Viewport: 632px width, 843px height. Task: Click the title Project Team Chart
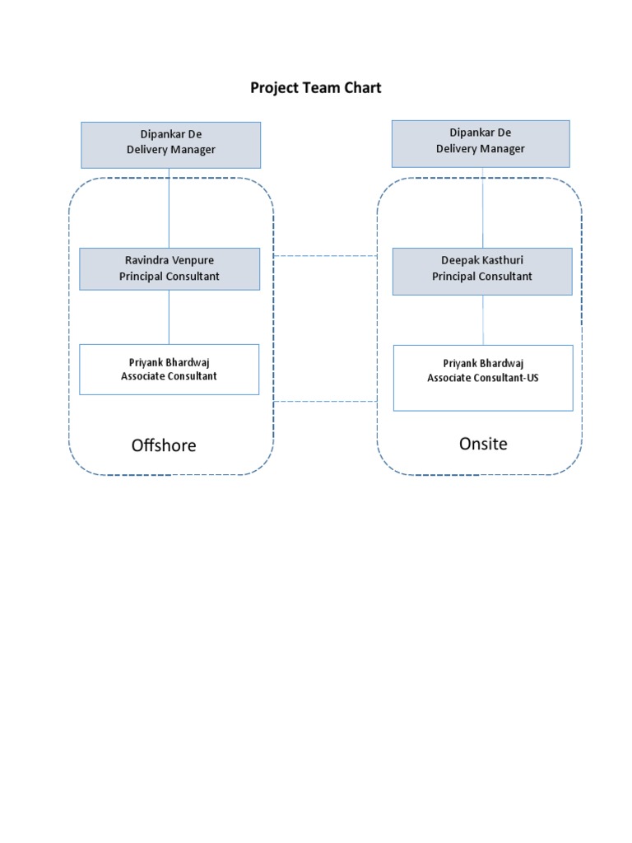tap(316, 87)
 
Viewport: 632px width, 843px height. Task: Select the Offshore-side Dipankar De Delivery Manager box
tap(170, 145)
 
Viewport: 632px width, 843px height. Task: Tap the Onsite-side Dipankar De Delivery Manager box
tap(481, 143)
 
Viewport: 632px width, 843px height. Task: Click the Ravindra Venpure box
tap(170, 268)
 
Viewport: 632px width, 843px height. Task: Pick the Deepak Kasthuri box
tap(482, 271)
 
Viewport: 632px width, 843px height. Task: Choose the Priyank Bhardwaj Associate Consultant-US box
tap(483, 378)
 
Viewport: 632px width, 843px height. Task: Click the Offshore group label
tap(164, 445)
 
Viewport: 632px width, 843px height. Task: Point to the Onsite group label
tap(483, 444)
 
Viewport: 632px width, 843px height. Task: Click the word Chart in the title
tap(363, 87)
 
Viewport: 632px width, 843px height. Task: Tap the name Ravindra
tap(146, 260)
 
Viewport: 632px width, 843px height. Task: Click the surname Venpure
tap(192, 260)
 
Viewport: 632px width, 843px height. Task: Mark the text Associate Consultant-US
tap(483, 378)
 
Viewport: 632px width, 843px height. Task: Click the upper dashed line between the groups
tap(326, 256)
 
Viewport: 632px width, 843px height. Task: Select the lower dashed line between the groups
tap(326, 402)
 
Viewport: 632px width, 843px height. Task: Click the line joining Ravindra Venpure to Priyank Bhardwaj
tap(170, 317)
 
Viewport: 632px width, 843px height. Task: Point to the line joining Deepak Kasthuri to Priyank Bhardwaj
tap(483, 320)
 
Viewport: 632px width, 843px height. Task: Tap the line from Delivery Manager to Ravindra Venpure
tap(170, 208)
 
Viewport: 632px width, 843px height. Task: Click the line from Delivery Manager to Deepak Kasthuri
tap(483, 207)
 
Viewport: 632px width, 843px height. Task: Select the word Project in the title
tap(272, 87)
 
